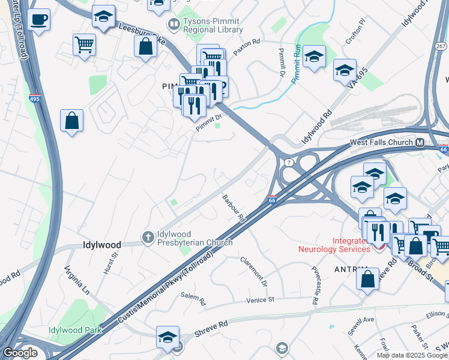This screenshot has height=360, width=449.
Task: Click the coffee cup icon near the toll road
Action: pyautogui.click(x=39, y=20)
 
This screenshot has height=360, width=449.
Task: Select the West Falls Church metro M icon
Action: pyautogui.click(x=420, y=142)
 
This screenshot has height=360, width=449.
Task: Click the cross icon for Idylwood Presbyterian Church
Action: pyautogui.click(x=148, y=238)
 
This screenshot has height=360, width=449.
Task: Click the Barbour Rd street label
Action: pyautogui.click(x=234, y=208)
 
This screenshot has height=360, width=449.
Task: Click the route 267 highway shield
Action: pyautogui.click(x=440, y=46)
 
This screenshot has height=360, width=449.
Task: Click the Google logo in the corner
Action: pyautogui.click(x=20, y=353)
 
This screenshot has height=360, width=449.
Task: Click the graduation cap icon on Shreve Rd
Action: pyautogui.click(x=167, y=337)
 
